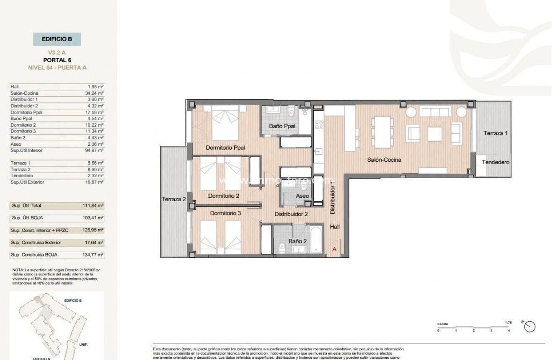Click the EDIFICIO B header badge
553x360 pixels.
click(x=57, y=39)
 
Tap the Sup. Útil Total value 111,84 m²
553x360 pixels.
click(x=93, y=206)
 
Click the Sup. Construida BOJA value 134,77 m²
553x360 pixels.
click(x=93, y=254)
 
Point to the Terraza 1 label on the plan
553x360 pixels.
click(x=496, y=133)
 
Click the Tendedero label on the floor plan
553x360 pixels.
click(x=495, y=162)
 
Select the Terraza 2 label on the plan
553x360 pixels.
click(x=173, y=200)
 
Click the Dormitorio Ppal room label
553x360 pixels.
click(x=225, y=148)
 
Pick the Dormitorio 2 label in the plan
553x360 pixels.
click(x=224, y=196)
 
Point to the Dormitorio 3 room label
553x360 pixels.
click(x=225, y=213)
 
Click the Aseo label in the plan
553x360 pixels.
click(x=302, y=196)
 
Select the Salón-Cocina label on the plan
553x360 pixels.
click(x=384, y=160)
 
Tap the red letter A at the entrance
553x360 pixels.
click(x=334, y=249)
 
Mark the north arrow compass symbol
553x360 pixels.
click(x=530, y=326)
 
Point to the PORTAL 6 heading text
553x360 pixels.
click(x=57, y=60)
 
